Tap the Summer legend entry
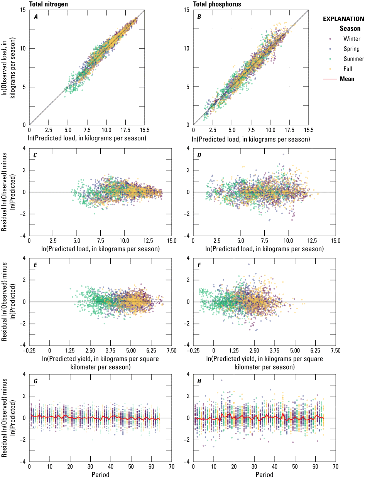pos(353,59)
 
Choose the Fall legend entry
pos(349,69)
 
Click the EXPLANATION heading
pos(343,19)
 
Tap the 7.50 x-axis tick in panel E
pos(172,351)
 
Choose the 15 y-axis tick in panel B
pos(186,10)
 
